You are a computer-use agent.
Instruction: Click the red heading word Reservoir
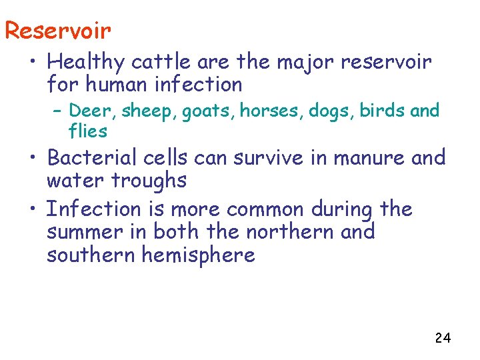coord(57,30)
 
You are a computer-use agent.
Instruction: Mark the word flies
coord(87,131)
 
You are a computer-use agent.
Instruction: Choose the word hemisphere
coord(199,255)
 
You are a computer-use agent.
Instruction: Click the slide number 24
coord(442,338)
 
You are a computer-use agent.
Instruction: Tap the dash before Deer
coord(57,110)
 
